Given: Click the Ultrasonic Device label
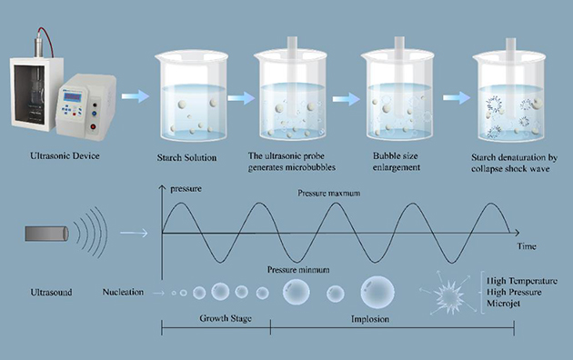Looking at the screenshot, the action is point(65,155).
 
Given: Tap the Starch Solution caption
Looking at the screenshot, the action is point(186,158).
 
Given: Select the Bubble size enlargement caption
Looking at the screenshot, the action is point(397,162).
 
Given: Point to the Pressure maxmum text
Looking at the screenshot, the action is point(329,193).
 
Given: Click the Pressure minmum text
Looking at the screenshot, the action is point(298,270).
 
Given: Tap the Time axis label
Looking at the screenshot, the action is point(527,246).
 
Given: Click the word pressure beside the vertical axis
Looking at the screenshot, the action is point(186,189).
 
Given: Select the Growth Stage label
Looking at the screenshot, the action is point(226,318).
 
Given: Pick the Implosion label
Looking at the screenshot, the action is point(370,319).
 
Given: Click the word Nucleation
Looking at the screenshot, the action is point(123,292).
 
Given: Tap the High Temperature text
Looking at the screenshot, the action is point(522,281).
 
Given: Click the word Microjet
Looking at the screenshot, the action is point(503,304).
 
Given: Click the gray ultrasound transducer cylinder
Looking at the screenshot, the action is point(46,234).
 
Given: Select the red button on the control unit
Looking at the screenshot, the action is point(93,126).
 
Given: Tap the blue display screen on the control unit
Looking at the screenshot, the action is point(72,97).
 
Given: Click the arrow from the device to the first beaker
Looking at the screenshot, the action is point(136,96).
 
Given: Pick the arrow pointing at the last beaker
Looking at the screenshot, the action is point(457,98).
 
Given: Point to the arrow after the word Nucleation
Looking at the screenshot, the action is point(158,293).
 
